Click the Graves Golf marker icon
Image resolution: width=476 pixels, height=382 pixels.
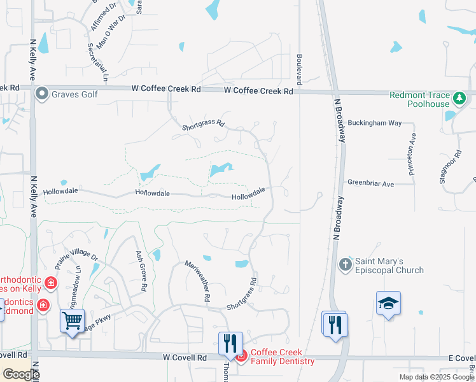(43, 94)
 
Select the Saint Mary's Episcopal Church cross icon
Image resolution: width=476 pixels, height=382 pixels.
(346, 264)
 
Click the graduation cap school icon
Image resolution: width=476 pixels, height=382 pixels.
(388, 304)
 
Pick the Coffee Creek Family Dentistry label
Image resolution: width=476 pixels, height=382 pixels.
(282, 357)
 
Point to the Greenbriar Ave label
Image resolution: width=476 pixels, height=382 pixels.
(371, 183)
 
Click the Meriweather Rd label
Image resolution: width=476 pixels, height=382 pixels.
(198, 281)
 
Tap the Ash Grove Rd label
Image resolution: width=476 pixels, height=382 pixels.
(141, 271)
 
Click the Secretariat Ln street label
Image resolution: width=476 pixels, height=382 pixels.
(97, 62)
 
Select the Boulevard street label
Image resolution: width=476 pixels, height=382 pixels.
(298, 69)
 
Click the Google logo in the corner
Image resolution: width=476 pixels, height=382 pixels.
(21, 374)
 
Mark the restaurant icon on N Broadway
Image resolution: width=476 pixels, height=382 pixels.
(333, 324)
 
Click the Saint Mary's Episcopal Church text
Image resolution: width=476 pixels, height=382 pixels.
(389, 265)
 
